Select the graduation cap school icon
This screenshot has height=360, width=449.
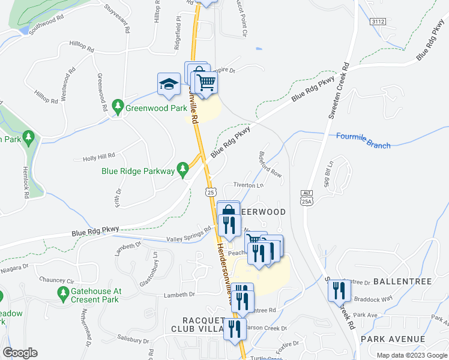(x=169, y=84)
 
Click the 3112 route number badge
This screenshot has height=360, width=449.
(x=378, y=21)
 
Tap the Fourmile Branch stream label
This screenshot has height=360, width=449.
(x=363, y=140)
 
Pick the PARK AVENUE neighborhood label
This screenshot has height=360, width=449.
(x=393, y=339)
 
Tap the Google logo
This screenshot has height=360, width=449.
(x=20, y=352)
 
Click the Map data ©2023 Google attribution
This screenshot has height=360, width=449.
(x=411, y=355)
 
